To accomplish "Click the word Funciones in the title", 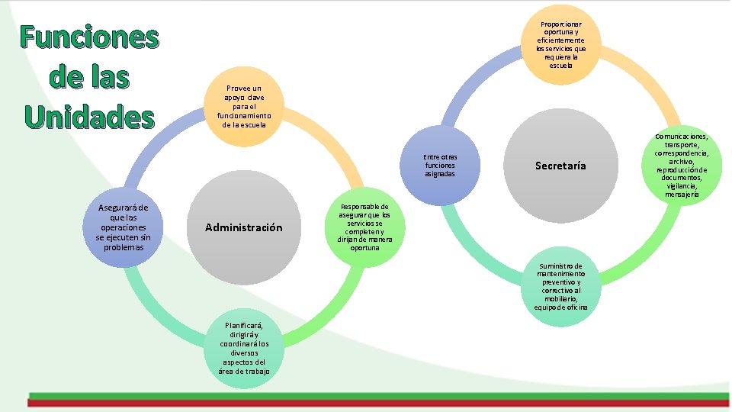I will [x=89, y=37].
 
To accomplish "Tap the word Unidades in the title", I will [x=89, y=117].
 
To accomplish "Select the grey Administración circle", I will [x=244, y=227].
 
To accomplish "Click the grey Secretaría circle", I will [x=560, y=166].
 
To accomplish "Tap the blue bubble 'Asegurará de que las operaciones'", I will [x=124, y=227].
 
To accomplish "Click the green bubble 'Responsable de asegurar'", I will [x=364, y=227].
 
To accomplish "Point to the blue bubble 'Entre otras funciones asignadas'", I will [x=440, y=166].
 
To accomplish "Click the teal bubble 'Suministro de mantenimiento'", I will [x=561, y=286].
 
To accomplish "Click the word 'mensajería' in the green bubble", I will [x=681, y=194].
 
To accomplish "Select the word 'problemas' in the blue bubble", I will [x=124, y=247].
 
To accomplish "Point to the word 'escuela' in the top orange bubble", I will [x=562, y=66].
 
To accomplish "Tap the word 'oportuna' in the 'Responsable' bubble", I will [x=364, y=248].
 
